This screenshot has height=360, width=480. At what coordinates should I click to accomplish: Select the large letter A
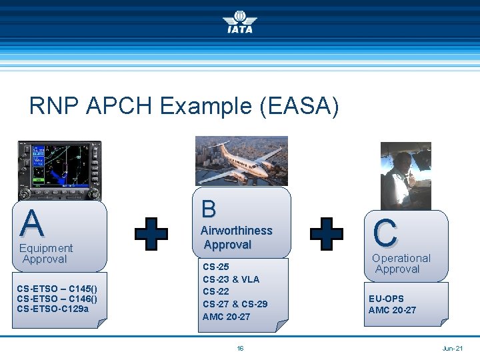[32, 223]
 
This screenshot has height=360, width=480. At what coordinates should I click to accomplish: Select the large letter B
[209, 209]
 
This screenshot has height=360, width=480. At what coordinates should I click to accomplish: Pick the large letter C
[385, 233]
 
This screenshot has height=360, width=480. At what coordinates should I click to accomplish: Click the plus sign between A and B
[151, 234]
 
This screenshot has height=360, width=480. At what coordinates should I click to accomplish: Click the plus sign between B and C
[327, 234]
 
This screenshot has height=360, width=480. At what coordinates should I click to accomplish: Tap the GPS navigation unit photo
[60, 170]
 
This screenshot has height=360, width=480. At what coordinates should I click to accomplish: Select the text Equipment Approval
[45, 253]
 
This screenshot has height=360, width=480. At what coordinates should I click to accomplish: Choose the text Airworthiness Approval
[236, 237]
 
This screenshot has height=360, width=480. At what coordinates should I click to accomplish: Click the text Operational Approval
[401, 263]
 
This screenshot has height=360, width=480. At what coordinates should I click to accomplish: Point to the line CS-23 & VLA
[231, 279]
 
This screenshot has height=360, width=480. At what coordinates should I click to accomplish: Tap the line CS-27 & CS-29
[235, 304]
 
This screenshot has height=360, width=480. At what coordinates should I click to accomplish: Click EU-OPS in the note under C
[386, 299]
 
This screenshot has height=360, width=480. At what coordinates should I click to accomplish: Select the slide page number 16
[240, 348]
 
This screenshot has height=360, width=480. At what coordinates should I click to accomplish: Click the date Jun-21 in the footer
[452, 348]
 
